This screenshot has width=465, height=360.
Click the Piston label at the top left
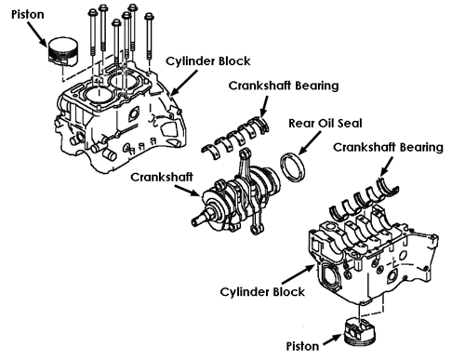click(28, 15)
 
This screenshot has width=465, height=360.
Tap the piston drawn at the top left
click(63, 52)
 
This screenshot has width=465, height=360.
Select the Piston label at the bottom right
click(302, 346)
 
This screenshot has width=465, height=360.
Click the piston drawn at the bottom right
click(360, 333)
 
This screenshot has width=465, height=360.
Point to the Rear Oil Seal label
click(325, 123)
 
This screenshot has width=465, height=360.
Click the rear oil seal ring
click(293, 167)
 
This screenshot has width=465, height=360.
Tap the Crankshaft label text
click(162, 177)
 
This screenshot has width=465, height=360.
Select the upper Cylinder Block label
click(208, 61)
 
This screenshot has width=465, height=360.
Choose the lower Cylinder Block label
click(262, 292)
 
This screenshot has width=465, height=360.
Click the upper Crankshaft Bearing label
click(284, 86)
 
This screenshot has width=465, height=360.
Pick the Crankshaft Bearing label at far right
click(388, 147)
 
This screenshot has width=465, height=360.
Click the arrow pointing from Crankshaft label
click(188, 191)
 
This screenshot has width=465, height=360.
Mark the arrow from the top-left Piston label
click(38, 34)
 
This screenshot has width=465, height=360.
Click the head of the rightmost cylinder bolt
click(150, 17)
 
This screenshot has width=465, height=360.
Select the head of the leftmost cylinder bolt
click(93, 13)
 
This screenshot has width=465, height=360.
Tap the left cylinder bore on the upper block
click(97, 93)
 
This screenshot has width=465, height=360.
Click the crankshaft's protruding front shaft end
click(198, 219)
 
